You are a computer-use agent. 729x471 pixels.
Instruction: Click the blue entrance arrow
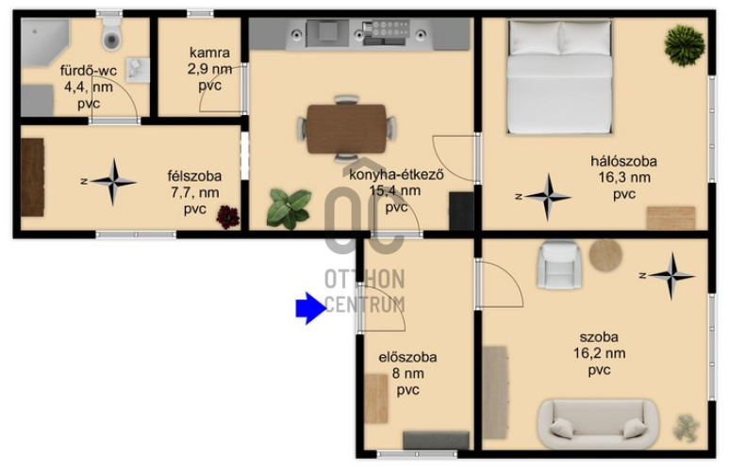pyautogui.click(x=310, y=308)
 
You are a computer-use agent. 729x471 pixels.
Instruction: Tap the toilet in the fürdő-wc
pyautogui.click(x=111, y=34)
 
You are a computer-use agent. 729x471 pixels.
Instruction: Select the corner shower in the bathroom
pyautogui.click(x=44, y=41)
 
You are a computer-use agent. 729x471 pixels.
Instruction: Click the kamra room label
pyautogui.click(x=209, y=53)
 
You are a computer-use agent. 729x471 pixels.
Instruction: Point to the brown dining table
pyautogui.click(x=346, y=129)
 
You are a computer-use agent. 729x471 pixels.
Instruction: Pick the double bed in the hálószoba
pyautogui.click(x=559, y=76)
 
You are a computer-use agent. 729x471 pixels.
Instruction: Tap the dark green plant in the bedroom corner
pyautogui.click(x=685, y=45)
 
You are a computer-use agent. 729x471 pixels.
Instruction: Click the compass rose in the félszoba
pyautogui.click(x=113, y=182)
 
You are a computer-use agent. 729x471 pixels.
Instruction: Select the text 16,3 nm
pyautogui.click(x=624, y=177)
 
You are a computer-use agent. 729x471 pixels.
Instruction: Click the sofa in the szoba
pyautogui.click(x=598, y=424)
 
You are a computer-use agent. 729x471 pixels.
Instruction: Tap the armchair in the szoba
pyautogui.click(x=559, y=265)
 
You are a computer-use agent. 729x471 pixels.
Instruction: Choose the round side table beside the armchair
pyautogui.click(x=605, y=255)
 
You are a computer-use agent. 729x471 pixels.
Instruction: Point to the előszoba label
pyautogui.click(x=407, y=357)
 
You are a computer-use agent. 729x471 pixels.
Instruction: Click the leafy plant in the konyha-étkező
pyautogui.click(x=289, y=209)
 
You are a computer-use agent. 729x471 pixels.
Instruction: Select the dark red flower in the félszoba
pyautogui.click(x=228, y=217)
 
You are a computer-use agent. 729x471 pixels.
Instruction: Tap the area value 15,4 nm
pyautogui.click(x=395, y=190)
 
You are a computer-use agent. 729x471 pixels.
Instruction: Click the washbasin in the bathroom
pyautogui.click(x=138, y=70)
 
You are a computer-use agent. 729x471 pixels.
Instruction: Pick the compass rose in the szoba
pyautogui.click(x=671, y=276)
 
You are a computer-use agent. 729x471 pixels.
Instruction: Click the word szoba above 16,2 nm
pyautogui.click(x=599, y=336)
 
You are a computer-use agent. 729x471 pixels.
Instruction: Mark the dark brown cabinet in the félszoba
pyautogui.click(x=33, y=177)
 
